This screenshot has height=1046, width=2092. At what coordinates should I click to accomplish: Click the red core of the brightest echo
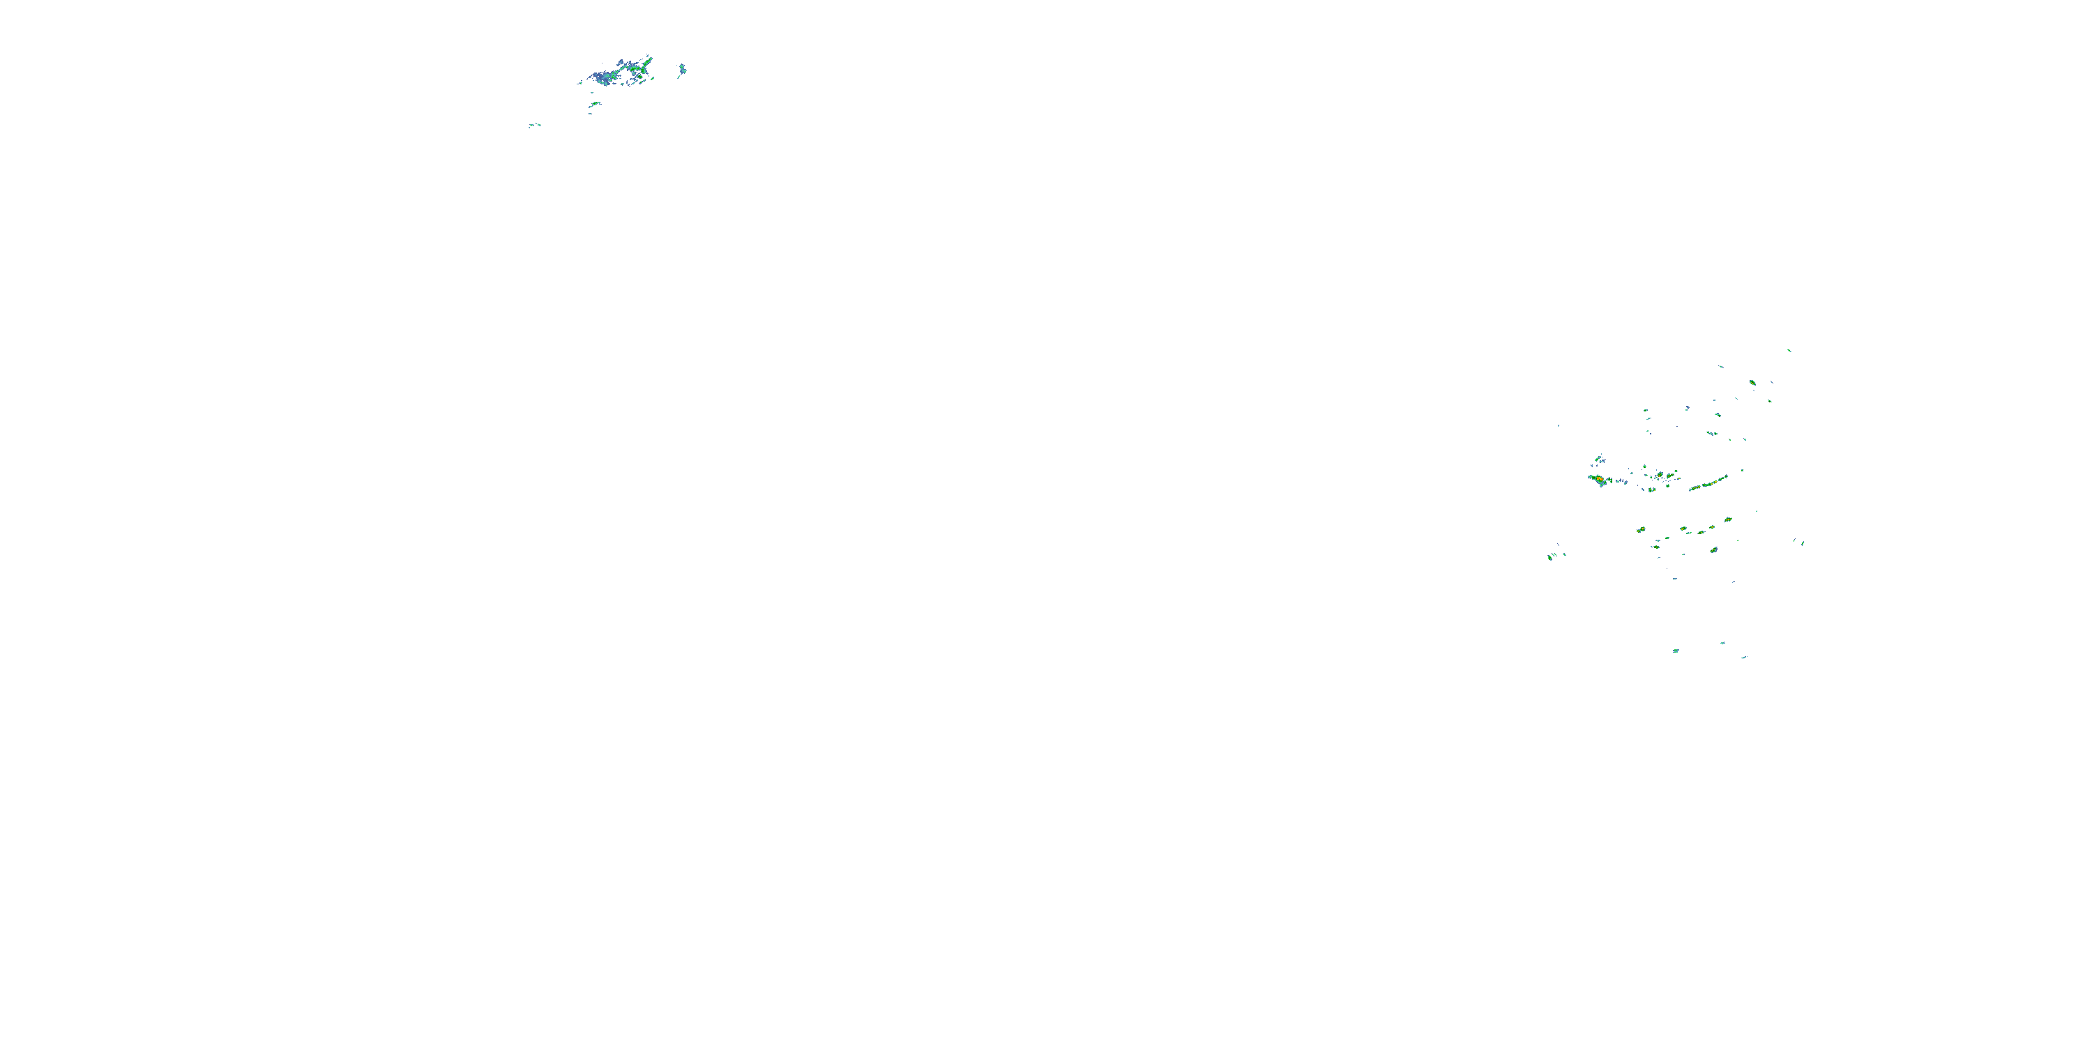pyautogui.click(x=1599, y=479)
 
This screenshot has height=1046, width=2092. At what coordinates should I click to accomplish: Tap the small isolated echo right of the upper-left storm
pyautogui.click(x=682, y=69)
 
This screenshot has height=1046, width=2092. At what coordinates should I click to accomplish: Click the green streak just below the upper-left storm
pyautogui.click(x=596, y=104)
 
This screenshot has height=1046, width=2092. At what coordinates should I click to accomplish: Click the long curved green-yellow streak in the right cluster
pyautogui.click(x=1708, y=483)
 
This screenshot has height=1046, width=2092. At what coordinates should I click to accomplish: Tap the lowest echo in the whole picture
pyautogui.click(x=1743, y=657)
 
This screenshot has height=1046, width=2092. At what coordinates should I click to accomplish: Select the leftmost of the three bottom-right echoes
pyautogui.click(x=1676, y=651)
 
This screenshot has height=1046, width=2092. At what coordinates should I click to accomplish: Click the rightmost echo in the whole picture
pyautogui.click(x=1803, y=543)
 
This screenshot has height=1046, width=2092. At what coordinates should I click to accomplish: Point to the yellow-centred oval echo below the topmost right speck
pyautogui.click(x=1752, y=381)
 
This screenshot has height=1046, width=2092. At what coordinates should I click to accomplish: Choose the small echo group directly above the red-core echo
pyautogui.click(x=1599, y=459)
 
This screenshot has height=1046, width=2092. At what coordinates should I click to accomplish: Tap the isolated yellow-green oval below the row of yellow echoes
pyautogui.click(x=1713, y=549)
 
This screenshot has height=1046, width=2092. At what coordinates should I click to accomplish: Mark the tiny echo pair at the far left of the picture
pyautogui.click(x=534, y=125)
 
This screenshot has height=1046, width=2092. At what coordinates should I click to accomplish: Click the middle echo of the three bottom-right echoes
pyautogui.click(x=1722, y=643)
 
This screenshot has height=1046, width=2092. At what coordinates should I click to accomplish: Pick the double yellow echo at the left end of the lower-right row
pyautogui.click(x=1640, y=529)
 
